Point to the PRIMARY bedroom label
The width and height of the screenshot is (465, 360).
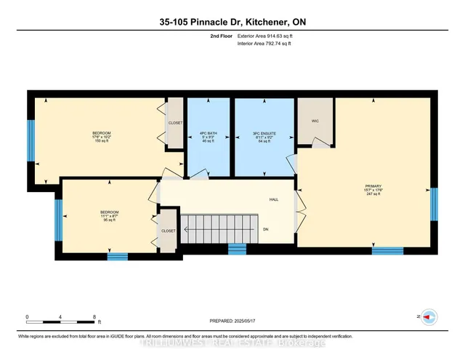[x=373, y=189]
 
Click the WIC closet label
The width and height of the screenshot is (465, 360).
[x=315, y=121]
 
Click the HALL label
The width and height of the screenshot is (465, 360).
[x=274, y=199]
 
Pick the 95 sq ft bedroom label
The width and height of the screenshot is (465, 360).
[x=109, y=215]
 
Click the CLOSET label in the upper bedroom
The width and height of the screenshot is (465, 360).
[x=175, y=123]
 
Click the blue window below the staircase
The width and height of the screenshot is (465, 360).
[x=237, y=249]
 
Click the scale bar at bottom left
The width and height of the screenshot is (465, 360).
[x=61, y=318]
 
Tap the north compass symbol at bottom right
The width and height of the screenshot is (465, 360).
[x=429, y=317]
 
